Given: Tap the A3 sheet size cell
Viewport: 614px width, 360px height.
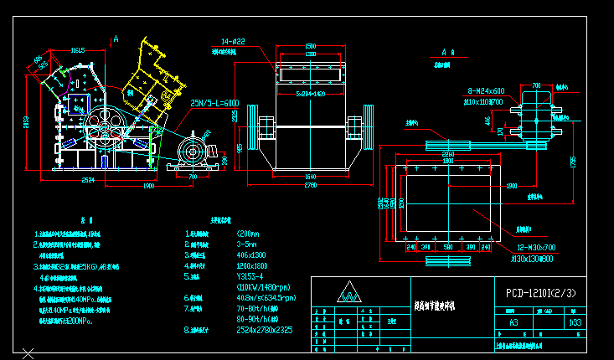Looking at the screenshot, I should [x=513, y=321].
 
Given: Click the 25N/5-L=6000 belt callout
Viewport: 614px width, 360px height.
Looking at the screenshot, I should [x=215, y=103].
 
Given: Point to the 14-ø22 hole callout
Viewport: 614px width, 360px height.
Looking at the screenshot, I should [x=233, y=41].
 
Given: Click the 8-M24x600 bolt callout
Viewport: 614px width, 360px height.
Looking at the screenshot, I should [x=486, y=90].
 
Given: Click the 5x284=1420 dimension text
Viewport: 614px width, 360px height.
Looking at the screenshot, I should [x=309, y=94].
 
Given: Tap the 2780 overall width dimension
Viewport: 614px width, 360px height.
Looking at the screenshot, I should [x=309, y=184].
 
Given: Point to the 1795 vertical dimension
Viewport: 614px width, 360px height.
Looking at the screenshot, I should [x=574, y=162].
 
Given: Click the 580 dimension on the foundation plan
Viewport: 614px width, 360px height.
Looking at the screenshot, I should [x=447, y=247].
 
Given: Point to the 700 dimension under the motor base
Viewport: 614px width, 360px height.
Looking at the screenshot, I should [x=193, y=177].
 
